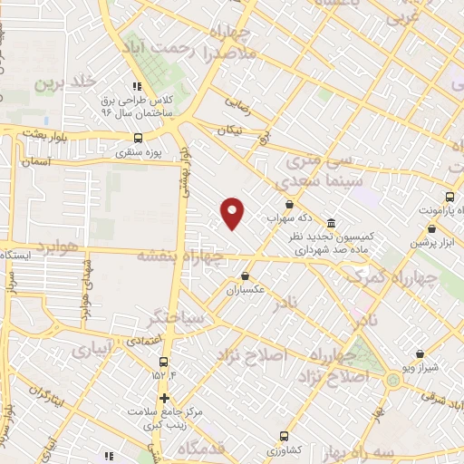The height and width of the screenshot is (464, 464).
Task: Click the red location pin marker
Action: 234,213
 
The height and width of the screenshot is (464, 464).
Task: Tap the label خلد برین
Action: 65,82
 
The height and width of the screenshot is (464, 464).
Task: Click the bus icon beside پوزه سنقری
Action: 137,138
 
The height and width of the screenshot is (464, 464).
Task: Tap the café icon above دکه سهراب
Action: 288,204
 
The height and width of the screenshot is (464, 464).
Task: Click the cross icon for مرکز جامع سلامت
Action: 164,397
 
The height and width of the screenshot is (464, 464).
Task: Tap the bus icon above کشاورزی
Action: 285,435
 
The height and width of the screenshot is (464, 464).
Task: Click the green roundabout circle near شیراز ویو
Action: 392,381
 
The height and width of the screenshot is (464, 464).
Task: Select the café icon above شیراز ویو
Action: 419,354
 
